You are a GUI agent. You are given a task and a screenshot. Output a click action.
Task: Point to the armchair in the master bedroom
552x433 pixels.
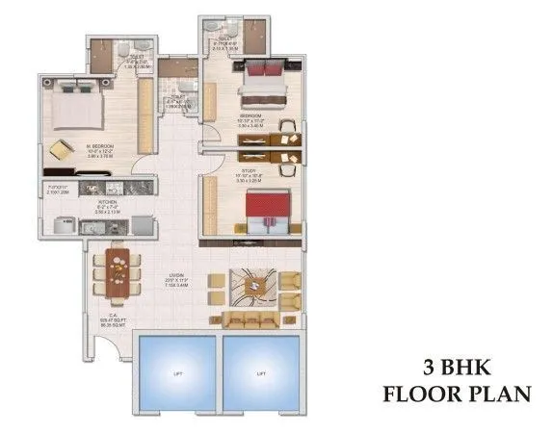click(61, 151)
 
